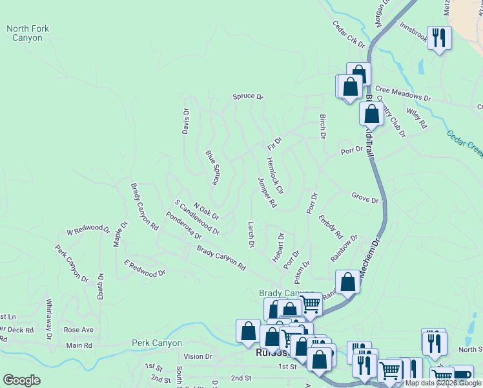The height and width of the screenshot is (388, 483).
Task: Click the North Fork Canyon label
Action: tap(28, 33)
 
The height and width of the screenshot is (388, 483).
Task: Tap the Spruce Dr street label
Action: tap(249, 97)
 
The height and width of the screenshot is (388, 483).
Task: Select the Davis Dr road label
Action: tap(186, 120)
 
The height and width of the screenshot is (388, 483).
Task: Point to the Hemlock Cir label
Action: tap(275, 176)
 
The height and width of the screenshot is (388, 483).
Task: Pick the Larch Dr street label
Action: tap(251, 235)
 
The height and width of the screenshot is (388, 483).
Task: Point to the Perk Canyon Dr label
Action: tap(72, 263)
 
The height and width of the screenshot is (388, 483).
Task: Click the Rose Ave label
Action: tap(79, 330)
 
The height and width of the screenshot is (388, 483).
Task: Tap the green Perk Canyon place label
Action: tap(157, 343)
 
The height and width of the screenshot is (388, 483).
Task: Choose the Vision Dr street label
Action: tap(198, 356)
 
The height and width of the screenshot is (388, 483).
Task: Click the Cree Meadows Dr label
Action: tap(402, 94)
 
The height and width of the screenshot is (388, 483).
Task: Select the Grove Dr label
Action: tap(365, 197)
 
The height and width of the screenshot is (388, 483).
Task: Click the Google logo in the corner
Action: tap(21, 380)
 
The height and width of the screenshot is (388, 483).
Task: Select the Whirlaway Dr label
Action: tap(49, 313)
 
